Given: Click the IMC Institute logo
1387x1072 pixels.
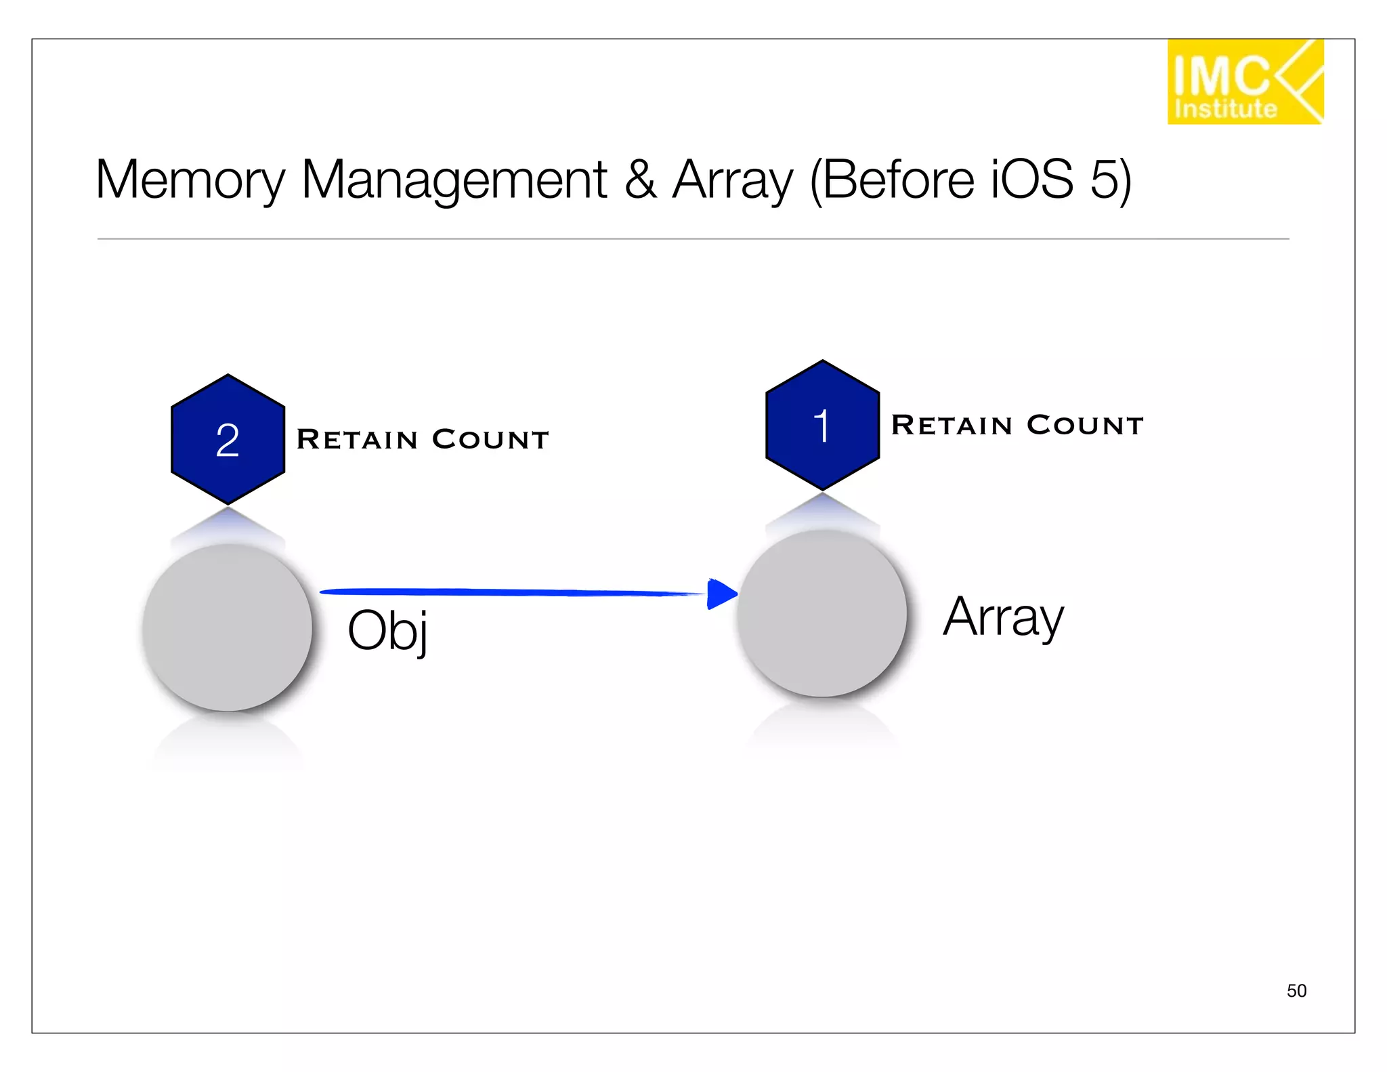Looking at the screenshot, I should coord(1244,82).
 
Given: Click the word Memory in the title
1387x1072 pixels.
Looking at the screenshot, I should coord(190,180).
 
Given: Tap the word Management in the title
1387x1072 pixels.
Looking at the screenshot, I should coord(454,180).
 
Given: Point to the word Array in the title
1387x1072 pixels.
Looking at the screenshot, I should coord(732,180).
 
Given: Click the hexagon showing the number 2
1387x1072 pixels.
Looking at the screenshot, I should coord(228,439).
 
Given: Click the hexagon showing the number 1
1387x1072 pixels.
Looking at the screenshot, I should coord(822,425).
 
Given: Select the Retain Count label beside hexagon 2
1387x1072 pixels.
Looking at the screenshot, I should coord(423,439).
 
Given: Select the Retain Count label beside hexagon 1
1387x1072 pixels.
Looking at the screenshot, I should coord(1017,425).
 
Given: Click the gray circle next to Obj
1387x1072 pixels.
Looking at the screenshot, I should coord(228,627).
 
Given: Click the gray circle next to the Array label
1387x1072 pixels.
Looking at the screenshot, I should coord(821,613).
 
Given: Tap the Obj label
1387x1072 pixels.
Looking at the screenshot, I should coord(387,630).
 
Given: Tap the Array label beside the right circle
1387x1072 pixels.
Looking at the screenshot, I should coord(1003,617).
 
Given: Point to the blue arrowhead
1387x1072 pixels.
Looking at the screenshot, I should coord(721,594).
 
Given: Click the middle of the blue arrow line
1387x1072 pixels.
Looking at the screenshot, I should coord(515,592).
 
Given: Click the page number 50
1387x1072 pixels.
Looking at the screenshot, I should coord(1296,991).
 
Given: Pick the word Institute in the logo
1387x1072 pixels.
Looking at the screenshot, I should coord(1225,109).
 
